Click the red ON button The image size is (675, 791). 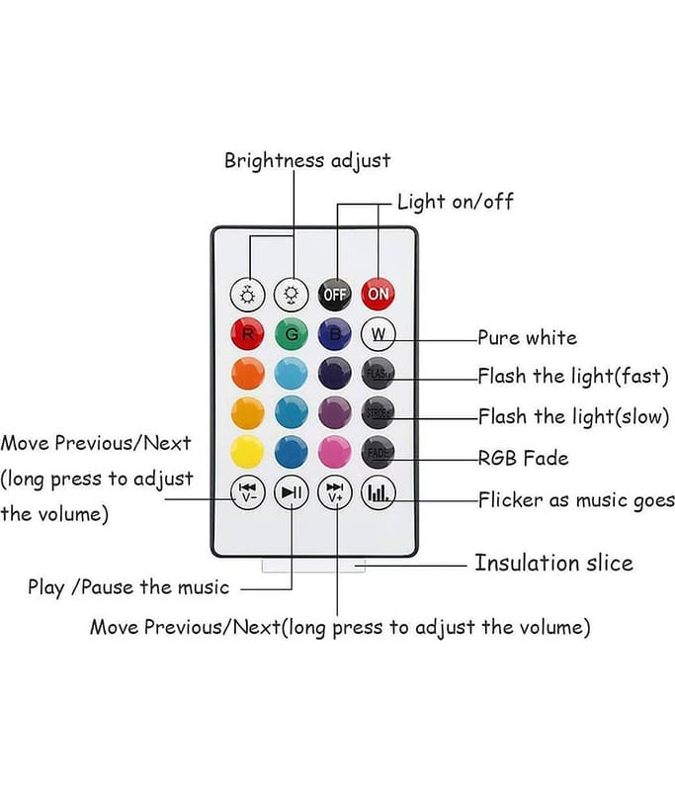(x=379, y=294)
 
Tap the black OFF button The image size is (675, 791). (x=335, y=294)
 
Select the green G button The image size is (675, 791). (x=292, y=333)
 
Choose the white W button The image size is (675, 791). (x=379, y=333)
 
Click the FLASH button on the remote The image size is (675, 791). (x=379, y=374)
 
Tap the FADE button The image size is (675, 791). (x=379, y=452)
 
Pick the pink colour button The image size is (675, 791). (x=335, y=452)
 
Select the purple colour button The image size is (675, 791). (x=335, y=412)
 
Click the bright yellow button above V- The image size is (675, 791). (x=247, y=452)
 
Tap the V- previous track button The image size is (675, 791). (x=247, y=491)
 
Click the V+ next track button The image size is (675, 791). (x=335, y=491)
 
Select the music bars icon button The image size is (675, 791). (x=379, y=491)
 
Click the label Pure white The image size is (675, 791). (x=527, y=338)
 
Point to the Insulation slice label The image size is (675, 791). (x=553, y=564)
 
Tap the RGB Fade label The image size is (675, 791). (x=523, y=459)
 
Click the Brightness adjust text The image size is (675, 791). (x=307, y=160)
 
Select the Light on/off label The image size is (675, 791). (x=455, y=203)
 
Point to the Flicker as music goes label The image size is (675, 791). (x=576, y=500)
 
